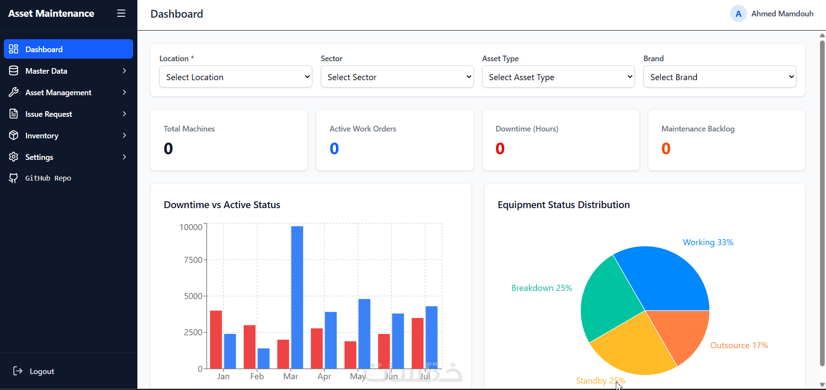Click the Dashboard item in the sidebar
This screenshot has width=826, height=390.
(x=68, y=49)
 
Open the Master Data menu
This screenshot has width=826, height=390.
(x=68, y=71)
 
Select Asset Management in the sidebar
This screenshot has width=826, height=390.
(x=68, y=92)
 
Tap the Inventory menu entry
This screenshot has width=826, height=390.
(x=68, y=135)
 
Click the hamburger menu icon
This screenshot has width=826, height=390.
(x=121, y=13)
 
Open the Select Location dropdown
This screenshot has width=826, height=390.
(x=236, y=77)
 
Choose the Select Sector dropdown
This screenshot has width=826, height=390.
(x=397, y=77)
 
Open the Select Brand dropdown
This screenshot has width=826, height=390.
(x=720, y=77)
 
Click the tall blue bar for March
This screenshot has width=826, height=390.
(x=297, y=297)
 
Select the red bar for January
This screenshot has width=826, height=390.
(x=216, y=340)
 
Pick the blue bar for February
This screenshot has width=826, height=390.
(x=264, y=359)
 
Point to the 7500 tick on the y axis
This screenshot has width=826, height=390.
(x=193, y=260)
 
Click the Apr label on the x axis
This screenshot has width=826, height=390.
(x=324, y=376)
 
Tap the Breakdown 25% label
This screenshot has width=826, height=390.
(x=542, y=288)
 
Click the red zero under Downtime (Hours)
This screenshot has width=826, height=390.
(x=500, y=149)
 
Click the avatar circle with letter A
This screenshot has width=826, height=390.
(x=738, y=14)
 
